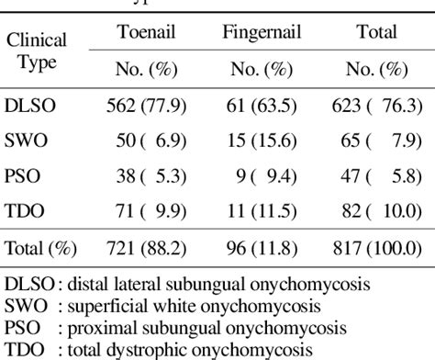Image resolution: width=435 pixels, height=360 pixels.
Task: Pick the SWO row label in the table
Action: coord(27,141)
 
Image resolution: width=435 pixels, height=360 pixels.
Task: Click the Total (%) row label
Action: coord(41,249)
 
